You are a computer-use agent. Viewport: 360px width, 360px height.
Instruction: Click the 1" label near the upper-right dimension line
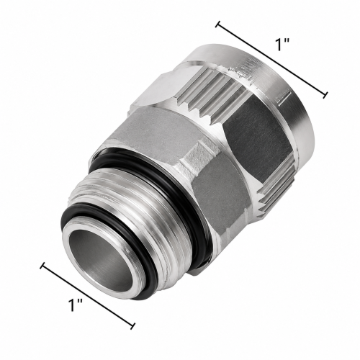(282, 44)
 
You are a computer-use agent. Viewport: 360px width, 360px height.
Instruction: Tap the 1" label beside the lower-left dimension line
(75, 305)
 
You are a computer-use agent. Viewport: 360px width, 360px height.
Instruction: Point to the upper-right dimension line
(271, 60)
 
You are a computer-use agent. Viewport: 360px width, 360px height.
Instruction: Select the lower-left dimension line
(88, 294)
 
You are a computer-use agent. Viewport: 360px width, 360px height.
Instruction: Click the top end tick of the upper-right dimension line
(218, 24)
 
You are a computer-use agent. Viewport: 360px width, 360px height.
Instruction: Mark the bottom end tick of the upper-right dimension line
(325, 95)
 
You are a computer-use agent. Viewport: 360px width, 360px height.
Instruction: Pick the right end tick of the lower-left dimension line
(132, 326)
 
